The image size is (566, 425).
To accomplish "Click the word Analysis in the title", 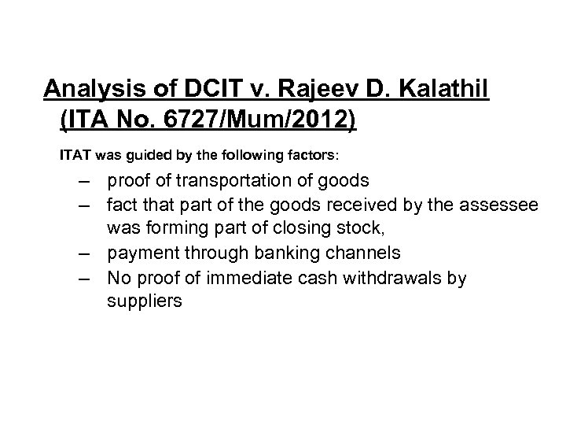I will pyautogui.click(x=86, y=90).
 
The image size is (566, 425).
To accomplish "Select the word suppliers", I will pyautogui.click(x=145, y=300).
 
